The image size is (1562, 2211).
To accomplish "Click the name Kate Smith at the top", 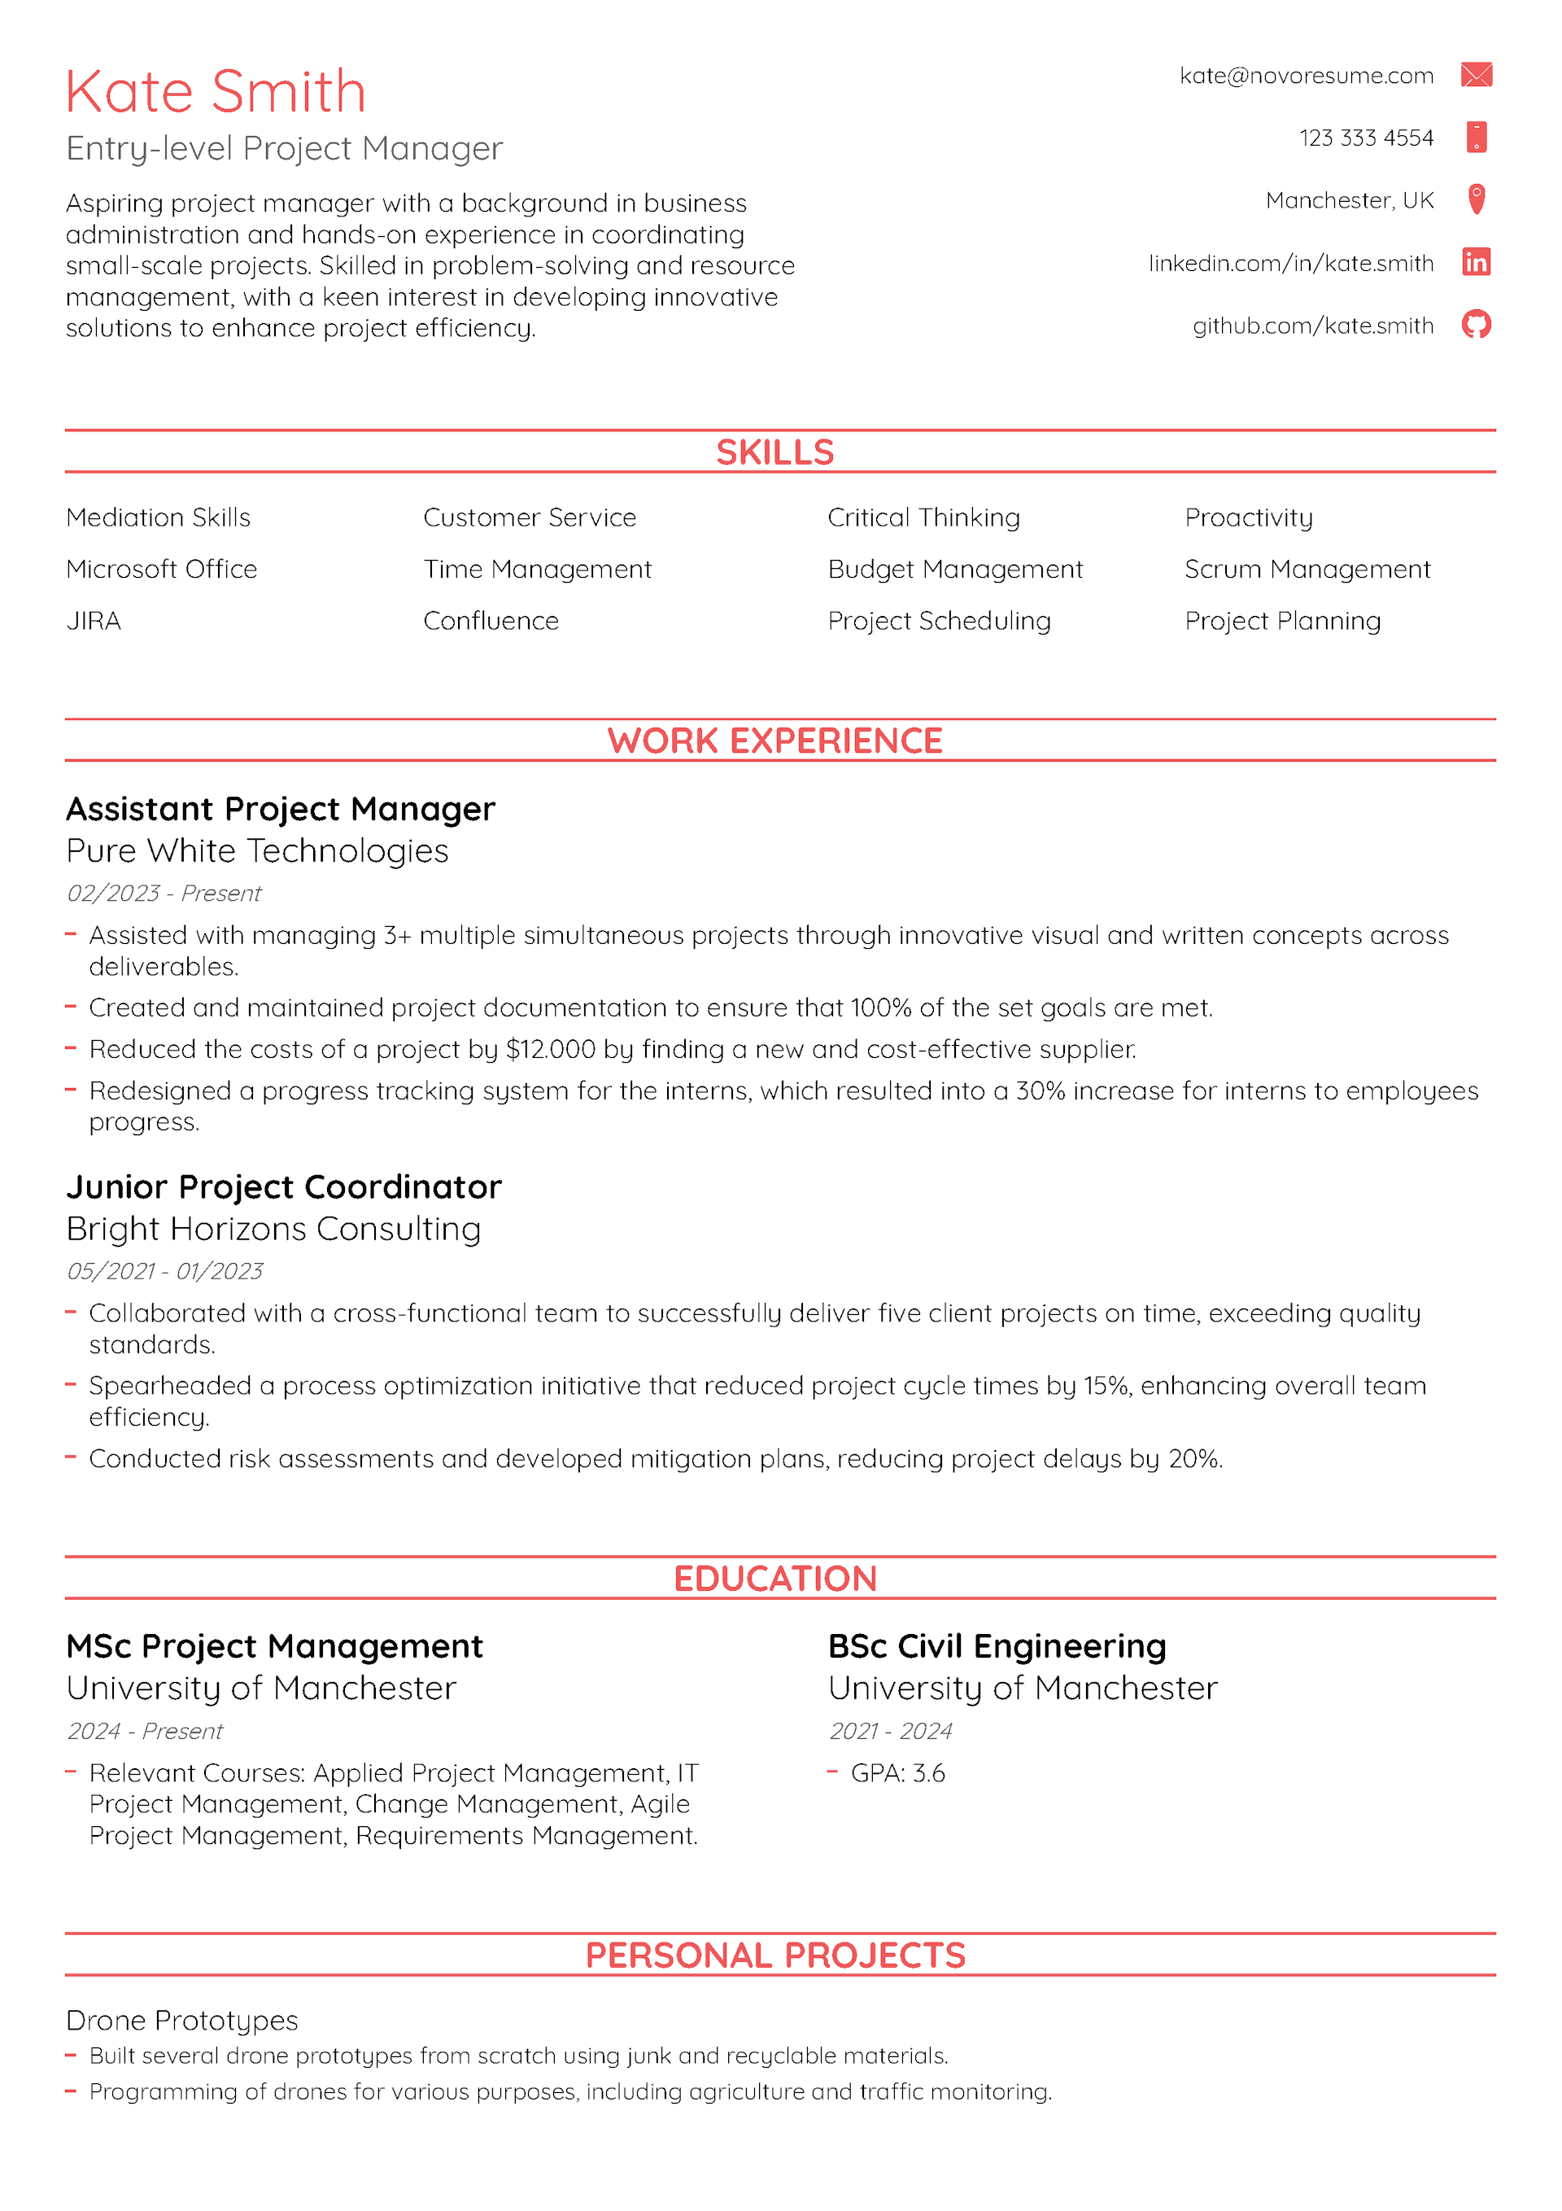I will coord(216,93).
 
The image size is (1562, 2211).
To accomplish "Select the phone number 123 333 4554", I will coord(1366,138).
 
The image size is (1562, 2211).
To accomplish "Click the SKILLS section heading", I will coord(775,452).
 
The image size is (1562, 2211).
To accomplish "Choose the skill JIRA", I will coord(94,621).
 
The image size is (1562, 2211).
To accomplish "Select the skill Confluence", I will coord(491,621).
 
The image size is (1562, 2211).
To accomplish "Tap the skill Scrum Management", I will coord(1307,569).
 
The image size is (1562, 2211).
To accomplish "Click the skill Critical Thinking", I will coord(923,518).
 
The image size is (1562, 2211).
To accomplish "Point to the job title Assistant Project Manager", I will coord(280,809).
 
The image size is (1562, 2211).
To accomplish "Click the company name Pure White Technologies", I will coord(257,851).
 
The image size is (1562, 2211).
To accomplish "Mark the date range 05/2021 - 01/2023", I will coord(164,1271).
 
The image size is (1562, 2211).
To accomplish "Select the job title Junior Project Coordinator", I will coord(284,1187).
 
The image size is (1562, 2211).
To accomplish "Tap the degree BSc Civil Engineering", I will coord(997,1647).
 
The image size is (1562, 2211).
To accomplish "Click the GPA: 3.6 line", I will coord(897,1773).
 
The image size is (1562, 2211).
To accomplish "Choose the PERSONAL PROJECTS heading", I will coord(775,1955).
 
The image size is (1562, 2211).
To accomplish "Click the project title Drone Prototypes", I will coord(182,2021).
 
